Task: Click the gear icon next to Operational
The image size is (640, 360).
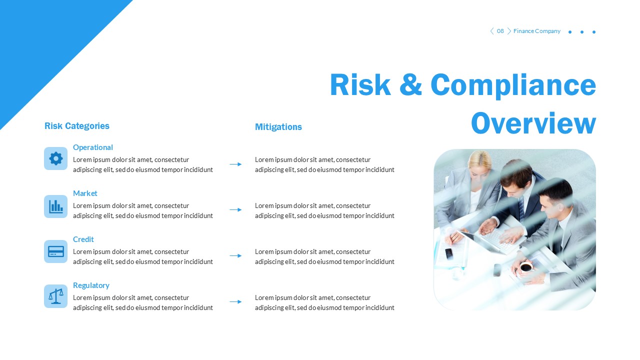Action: click(55, 158)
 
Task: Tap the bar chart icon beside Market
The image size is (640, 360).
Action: click(55, 206)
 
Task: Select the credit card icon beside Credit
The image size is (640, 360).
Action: click(55, 251)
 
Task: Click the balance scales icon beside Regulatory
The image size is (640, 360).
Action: click(55, 296)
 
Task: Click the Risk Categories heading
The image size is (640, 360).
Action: click(76, 126)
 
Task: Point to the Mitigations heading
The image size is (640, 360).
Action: click(278, 127)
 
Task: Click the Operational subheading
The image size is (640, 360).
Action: click(92, 147)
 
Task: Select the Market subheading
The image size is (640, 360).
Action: click(85, 193)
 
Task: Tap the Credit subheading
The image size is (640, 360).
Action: click(83, 239)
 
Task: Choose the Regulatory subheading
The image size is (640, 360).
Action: click(91, 285)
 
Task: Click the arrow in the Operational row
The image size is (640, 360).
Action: click(235, 164)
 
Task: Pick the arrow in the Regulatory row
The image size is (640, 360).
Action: click(235, 302)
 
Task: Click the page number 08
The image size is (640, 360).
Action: click(500, 31)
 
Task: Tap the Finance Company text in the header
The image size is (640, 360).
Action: click(536, 31)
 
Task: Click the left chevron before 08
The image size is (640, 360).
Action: click(491, 31)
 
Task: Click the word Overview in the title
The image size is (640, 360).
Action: click(533, 123)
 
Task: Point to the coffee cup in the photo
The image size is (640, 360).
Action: click(525, 267)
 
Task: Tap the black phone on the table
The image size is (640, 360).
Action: click(448, 253)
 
